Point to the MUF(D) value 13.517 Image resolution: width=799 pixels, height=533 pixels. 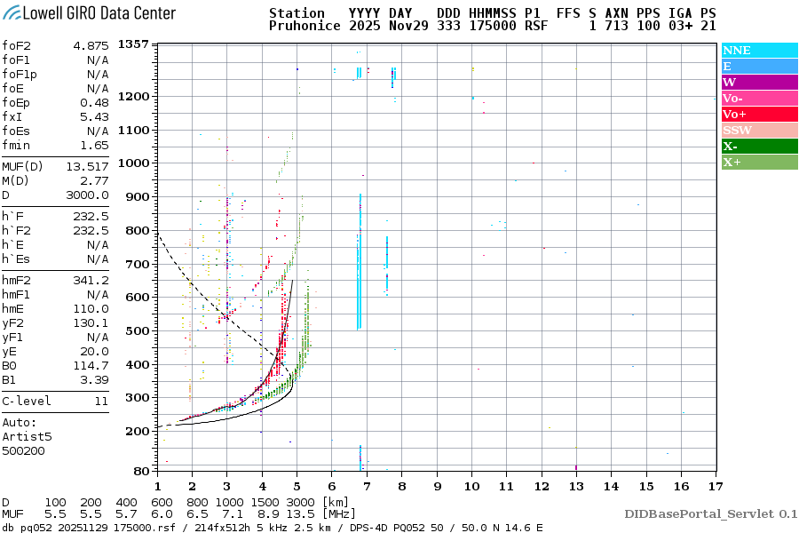(87, 166)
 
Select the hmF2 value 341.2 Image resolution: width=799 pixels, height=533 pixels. (91, 280)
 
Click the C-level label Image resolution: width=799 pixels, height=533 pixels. (27, 401)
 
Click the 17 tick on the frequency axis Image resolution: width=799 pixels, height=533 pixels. (716, 486)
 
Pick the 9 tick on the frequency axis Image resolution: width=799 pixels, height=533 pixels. (437, 486)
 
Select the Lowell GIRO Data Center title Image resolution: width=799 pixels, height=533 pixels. (89, 13)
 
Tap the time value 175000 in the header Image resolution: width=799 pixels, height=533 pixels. (493, 27)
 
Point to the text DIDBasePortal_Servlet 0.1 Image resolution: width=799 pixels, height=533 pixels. (710, 513)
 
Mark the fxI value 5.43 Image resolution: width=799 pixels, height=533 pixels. (94, 117)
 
